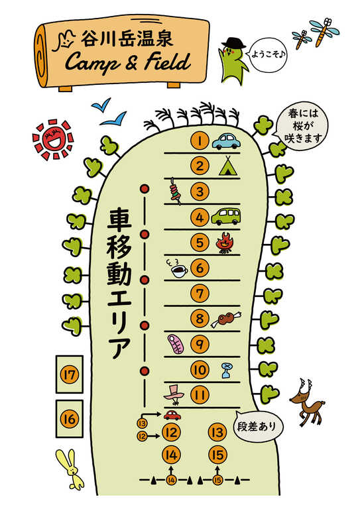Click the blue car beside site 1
tap(226, 141)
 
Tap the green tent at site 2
tap(229, 166)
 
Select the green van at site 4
tap(226, 216)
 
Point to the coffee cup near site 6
tap(177, 269)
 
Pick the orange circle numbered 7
tap(200, 294)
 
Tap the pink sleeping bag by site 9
tap(175, 345)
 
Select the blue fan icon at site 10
tap(227, 370)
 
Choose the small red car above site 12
tap(172, 415)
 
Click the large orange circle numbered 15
tap(217, 455)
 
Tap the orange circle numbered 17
tap(70, 375)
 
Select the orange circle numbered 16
tap(70, 419)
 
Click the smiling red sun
tap(53, 140)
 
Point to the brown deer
tap(307, 402)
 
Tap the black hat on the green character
tap(233, 43)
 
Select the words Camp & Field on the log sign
tap(127, 62)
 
